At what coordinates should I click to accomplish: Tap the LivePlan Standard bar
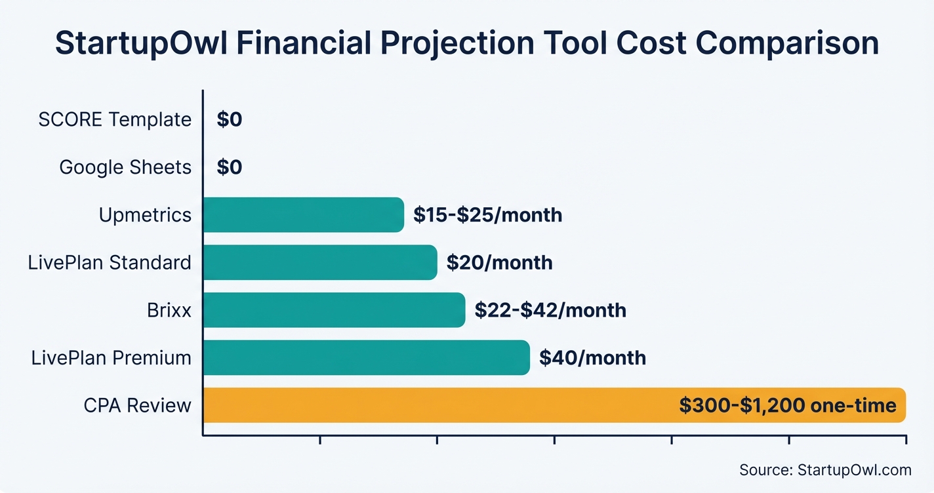[319, 262]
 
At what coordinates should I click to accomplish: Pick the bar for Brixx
[334, 310]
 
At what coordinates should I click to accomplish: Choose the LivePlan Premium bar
[366, 358]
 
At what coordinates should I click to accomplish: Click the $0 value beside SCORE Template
[230, 120]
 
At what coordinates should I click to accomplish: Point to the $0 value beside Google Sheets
[230, 167]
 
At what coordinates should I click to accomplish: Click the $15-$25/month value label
[487, 215]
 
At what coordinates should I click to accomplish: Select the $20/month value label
[499, 263]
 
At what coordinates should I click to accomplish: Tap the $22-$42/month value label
[550, 310]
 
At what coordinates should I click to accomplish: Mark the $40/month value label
[592, 358]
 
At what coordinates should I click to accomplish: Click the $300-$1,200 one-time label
[787, 406]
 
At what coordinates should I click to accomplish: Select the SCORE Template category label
[115, 120]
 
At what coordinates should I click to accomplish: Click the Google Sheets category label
[125, 167]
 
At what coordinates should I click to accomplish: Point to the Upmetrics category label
[145, 215]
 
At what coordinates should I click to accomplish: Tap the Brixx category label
[169, 310]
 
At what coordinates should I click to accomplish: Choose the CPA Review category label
[137, 406]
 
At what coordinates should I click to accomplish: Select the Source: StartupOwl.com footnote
[825, 469]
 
